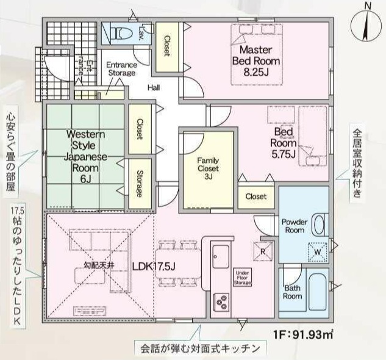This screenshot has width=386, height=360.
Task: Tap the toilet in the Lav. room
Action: click(121, 32)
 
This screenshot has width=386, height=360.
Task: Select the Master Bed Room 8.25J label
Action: click(256, 61)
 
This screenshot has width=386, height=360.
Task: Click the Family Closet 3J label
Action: click(208, 168)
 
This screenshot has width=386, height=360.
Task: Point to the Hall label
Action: click(154, 87)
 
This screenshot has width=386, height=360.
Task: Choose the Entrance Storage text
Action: click(121, 69)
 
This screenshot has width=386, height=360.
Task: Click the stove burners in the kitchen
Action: click(222, 301)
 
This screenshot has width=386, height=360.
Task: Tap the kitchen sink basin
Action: click(221, 256)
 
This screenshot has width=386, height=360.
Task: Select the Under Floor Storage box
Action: click(243, 277)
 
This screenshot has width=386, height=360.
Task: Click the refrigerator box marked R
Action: click(263, 251)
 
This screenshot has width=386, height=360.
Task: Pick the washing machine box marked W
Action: click(318, 252)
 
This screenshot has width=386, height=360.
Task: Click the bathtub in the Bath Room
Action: click(318, 292)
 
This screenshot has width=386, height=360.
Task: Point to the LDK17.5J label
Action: click(154, 267)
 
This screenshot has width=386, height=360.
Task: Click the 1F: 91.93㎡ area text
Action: click(303, 334)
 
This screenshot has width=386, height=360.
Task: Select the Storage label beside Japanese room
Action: click(140, 184)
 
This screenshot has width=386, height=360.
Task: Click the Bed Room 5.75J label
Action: click(283, 143)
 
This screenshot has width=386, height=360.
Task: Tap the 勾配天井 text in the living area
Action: click(99, 265)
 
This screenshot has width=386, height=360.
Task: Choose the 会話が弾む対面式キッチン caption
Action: click(201, 349)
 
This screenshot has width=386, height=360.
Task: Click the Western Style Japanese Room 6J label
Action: click(85, 156)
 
